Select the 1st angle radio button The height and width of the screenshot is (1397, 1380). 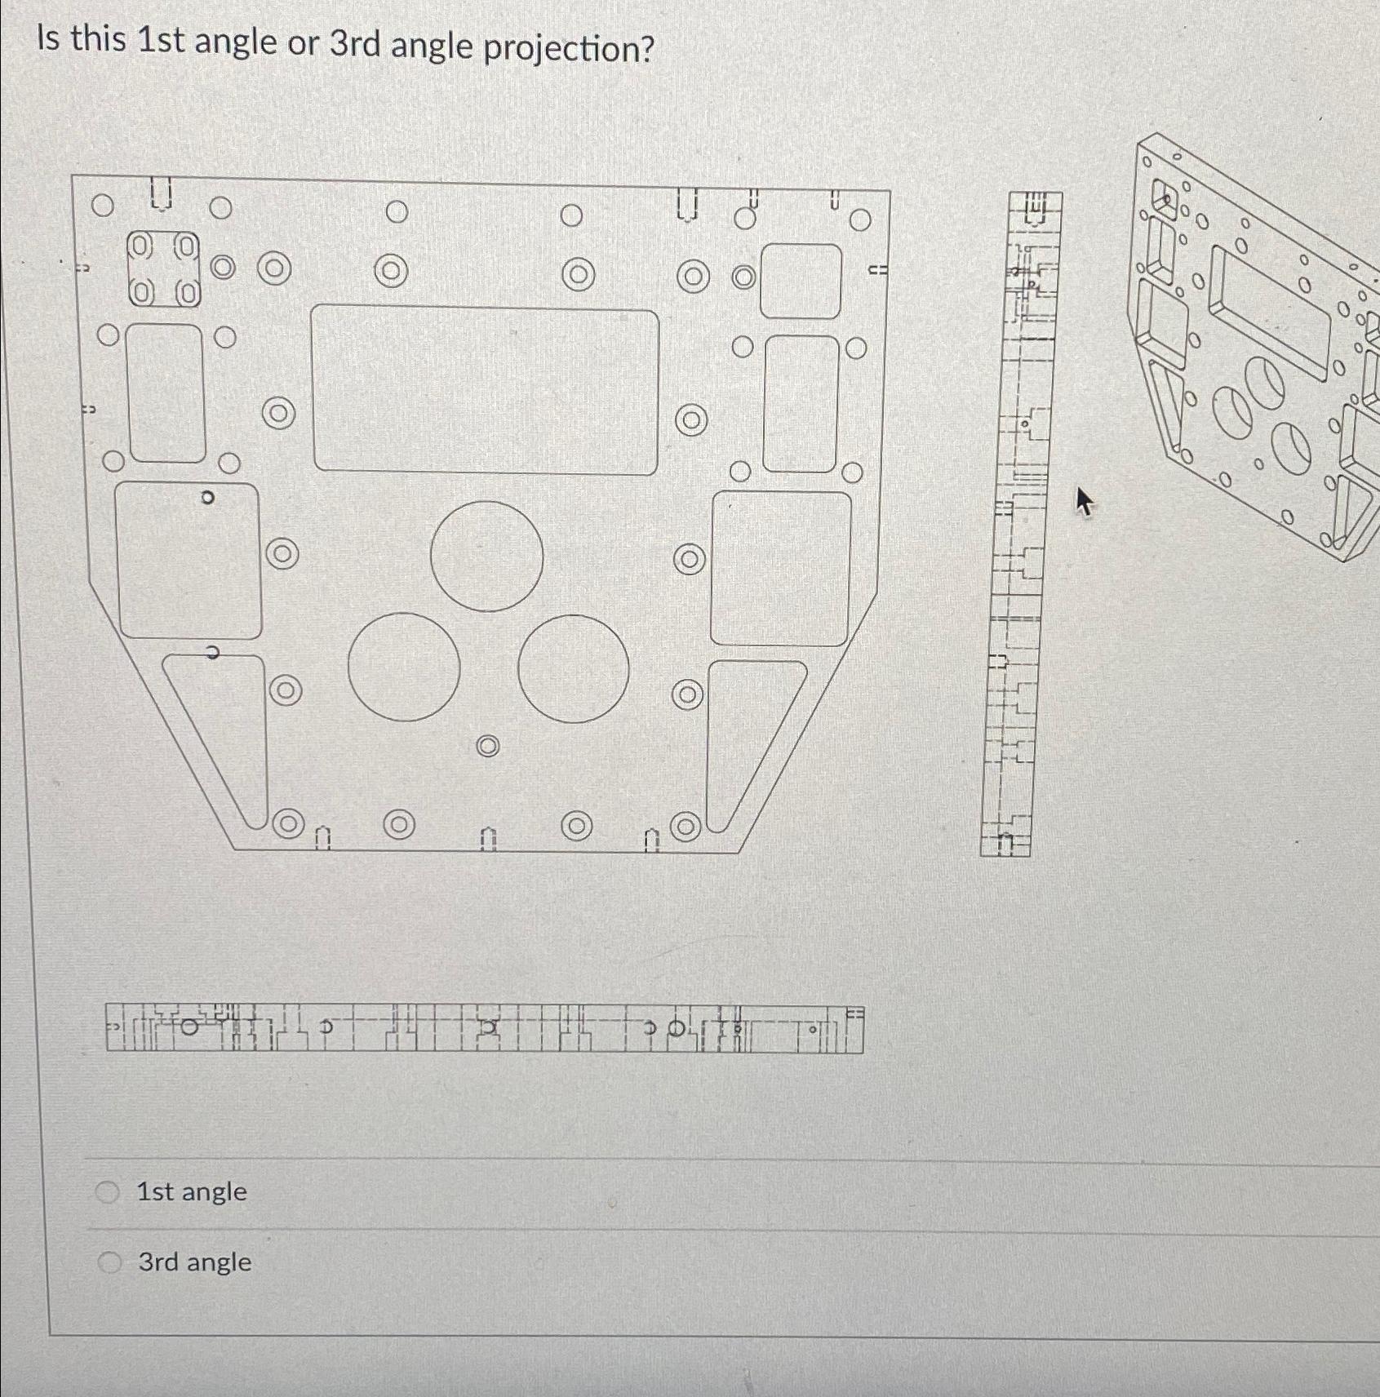(108, 1192)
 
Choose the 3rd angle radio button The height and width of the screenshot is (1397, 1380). (109, 1262)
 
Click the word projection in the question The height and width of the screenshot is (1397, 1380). (569, 49)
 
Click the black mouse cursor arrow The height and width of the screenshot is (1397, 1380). (1083, 500)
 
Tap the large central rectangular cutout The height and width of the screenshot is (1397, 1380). (486, 390)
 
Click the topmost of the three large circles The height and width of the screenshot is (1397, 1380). (486, 556)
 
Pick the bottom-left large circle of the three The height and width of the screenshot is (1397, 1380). (404, 667)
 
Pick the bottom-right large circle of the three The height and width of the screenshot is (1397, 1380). (573, 668)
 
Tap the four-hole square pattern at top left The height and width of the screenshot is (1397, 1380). (164, 268)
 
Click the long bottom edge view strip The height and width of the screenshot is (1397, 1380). (484, 1029)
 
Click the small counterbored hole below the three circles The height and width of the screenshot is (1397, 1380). (487, 746)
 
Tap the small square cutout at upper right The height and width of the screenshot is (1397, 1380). (801, 282)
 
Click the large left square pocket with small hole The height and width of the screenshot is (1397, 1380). (189, 560)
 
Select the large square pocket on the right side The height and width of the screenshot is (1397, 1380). (781, 568)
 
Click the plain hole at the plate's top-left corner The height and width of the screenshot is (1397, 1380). (102, 206)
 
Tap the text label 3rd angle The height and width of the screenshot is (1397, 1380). (194, 1262)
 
